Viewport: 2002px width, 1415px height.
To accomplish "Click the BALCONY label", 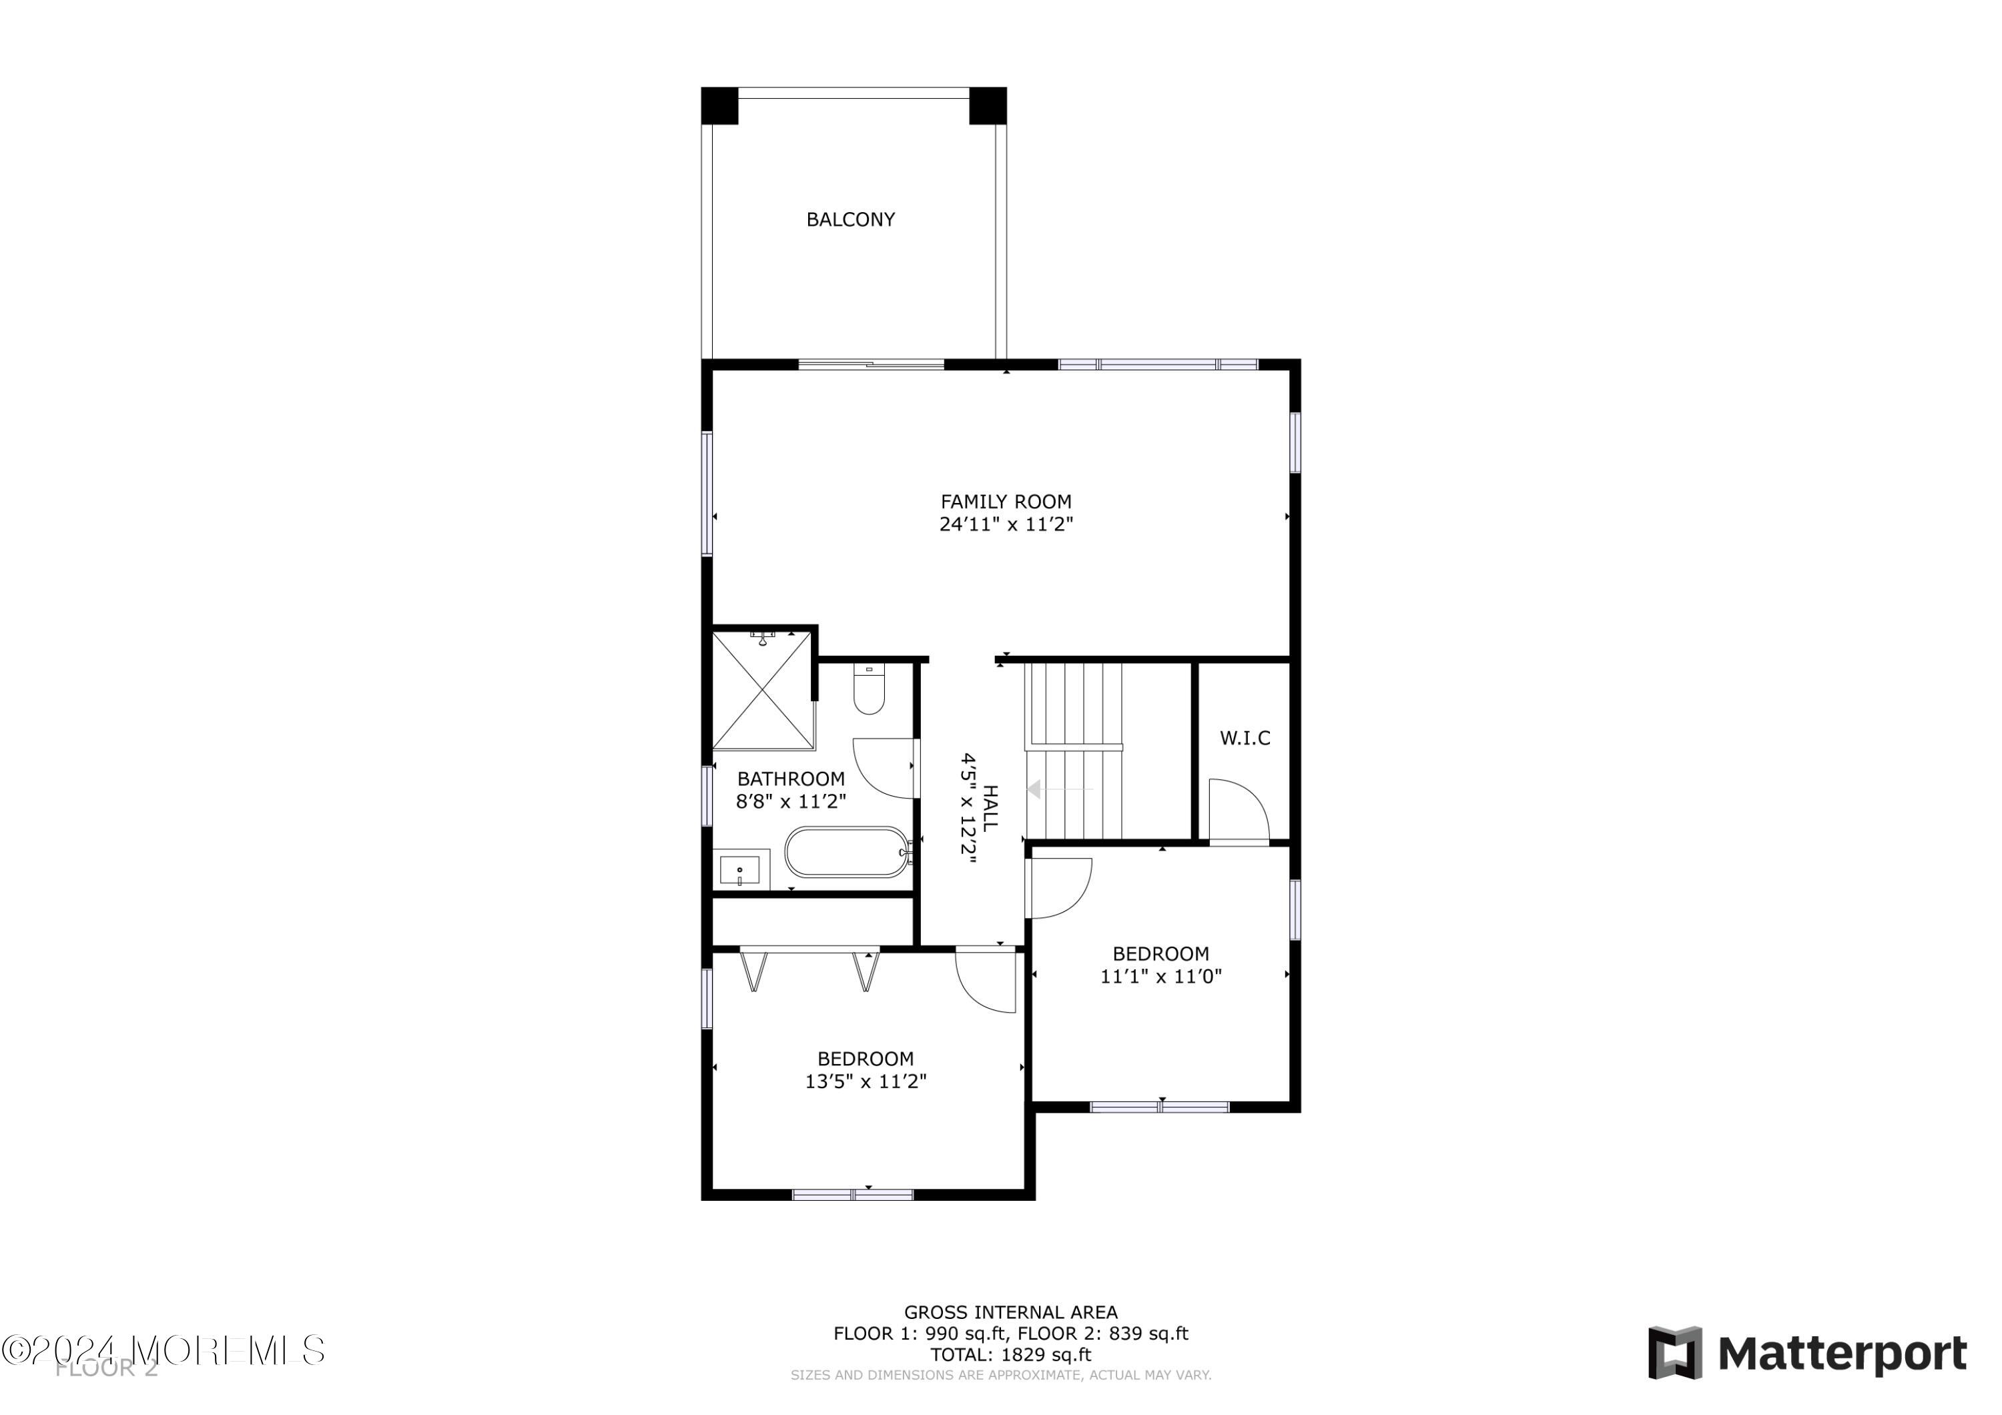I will point(850,219).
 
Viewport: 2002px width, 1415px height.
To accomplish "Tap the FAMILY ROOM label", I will point(1006,502).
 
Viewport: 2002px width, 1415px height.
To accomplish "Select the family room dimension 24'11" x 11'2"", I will point(1006,525).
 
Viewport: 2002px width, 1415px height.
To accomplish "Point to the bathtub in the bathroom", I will point(846,852).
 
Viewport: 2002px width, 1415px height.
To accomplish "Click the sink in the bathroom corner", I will point(740,869).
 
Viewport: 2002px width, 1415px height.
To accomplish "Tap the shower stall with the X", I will point(763,690).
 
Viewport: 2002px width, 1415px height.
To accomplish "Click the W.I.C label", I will point(1245,739).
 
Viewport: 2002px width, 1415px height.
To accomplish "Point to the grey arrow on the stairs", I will point(1035,790).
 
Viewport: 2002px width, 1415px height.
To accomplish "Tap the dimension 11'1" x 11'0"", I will point(1160,977).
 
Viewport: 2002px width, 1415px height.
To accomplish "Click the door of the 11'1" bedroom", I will point(1058,887).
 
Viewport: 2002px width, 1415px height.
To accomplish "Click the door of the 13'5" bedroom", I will point(987,981).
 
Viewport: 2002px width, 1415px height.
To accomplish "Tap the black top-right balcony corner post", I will point(987,106).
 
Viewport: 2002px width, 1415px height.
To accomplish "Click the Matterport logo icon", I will point(1674,1353).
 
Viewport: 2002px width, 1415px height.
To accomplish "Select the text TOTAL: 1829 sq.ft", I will point(1010,1355).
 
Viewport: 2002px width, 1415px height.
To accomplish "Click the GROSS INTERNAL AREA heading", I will point(1010,1312).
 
